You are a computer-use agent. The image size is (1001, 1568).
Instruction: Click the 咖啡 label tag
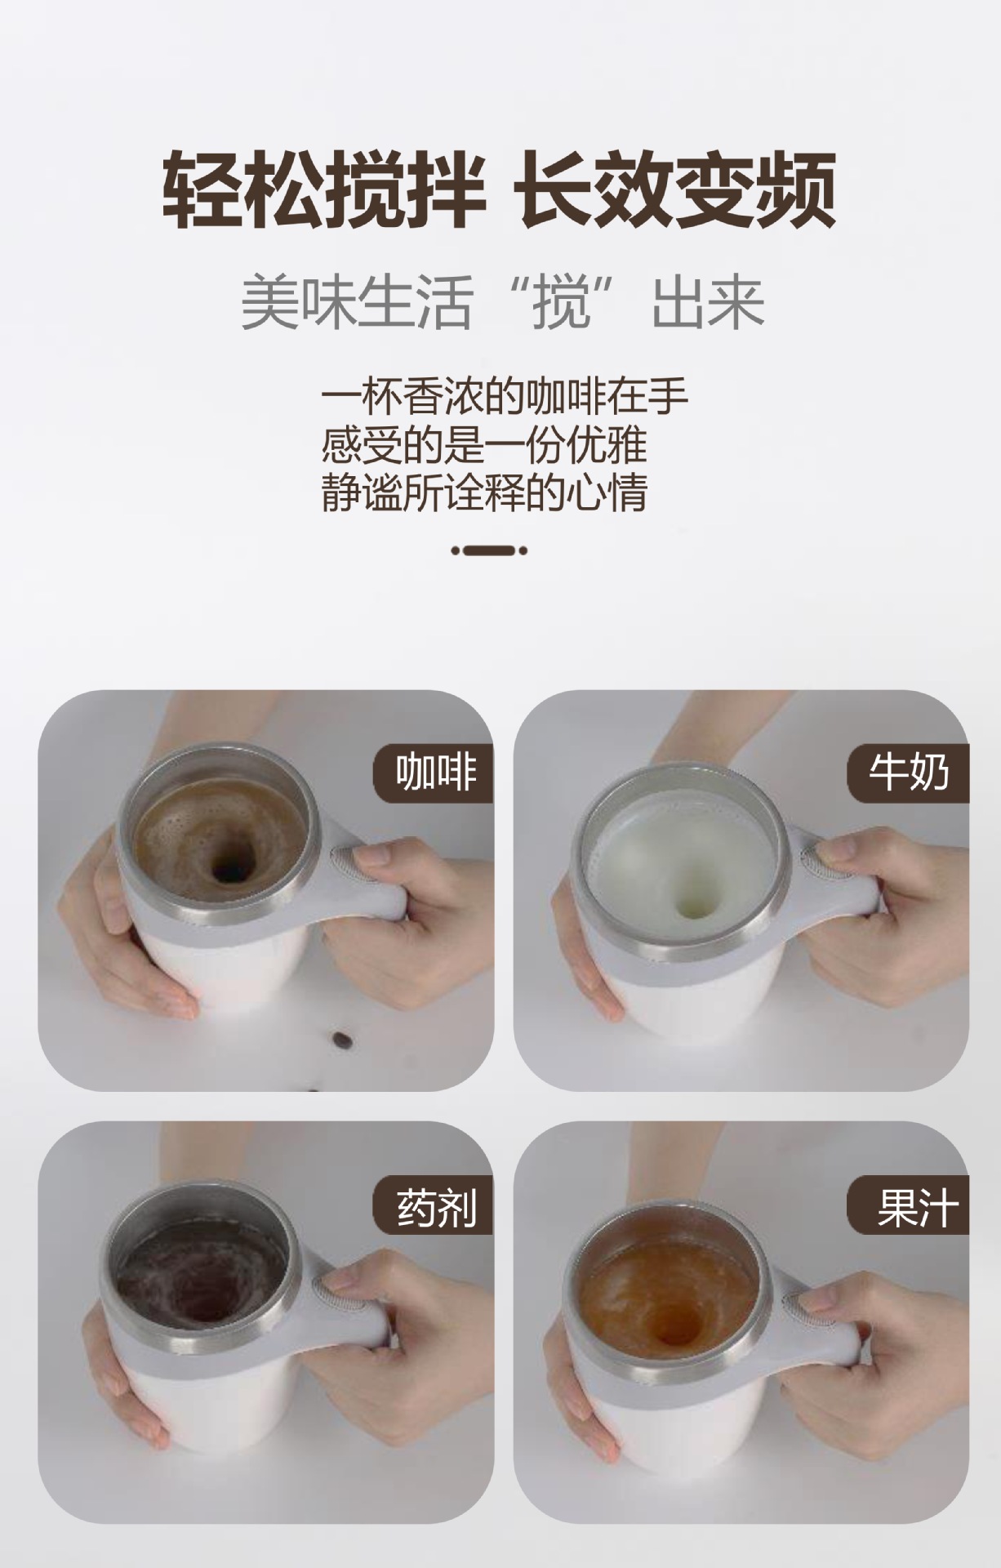pos(435,773)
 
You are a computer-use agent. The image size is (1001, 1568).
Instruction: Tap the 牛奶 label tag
pos(909,773)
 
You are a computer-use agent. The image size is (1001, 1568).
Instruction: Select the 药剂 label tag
pos(435,1207)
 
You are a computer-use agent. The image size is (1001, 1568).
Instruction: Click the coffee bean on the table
pos(340,1040)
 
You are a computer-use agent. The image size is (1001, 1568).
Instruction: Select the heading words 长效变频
pos(677,190)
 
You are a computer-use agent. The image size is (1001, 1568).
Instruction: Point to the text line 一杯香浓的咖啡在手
pos(504,398)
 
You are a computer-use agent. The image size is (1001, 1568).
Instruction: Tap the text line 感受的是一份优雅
pos(483,445)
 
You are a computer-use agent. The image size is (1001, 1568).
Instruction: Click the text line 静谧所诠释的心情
pos(484,492)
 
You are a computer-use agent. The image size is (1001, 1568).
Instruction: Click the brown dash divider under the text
pos(489,550)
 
